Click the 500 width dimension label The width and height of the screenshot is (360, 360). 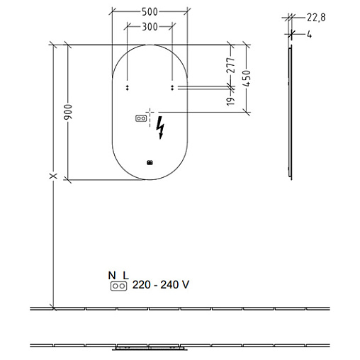pos(150,12)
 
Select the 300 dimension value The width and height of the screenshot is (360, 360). pos(150,27)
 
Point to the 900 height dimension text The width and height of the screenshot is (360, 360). pos(68,112)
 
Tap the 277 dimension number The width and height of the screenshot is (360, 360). pos(231,65)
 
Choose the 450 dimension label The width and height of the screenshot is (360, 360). pos(246,78)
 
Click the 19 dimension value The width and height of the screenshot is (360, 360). pos(231,101)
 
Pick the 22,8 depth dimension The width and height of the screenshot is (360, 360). pos(316,18)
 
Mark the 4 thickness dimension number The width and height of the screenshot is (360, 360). pos(309,35)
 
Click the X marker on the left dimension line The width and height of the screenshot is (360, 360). pos(53,176)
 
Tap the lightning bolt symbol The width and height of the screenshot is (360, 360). pos(160,128)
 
